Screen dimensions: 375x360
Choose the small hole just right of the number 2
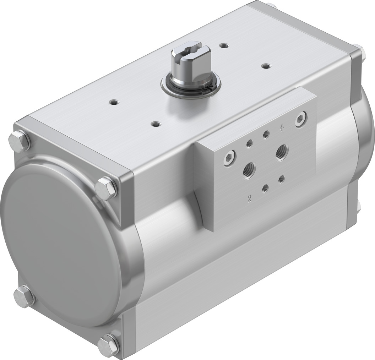(265, 189)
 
